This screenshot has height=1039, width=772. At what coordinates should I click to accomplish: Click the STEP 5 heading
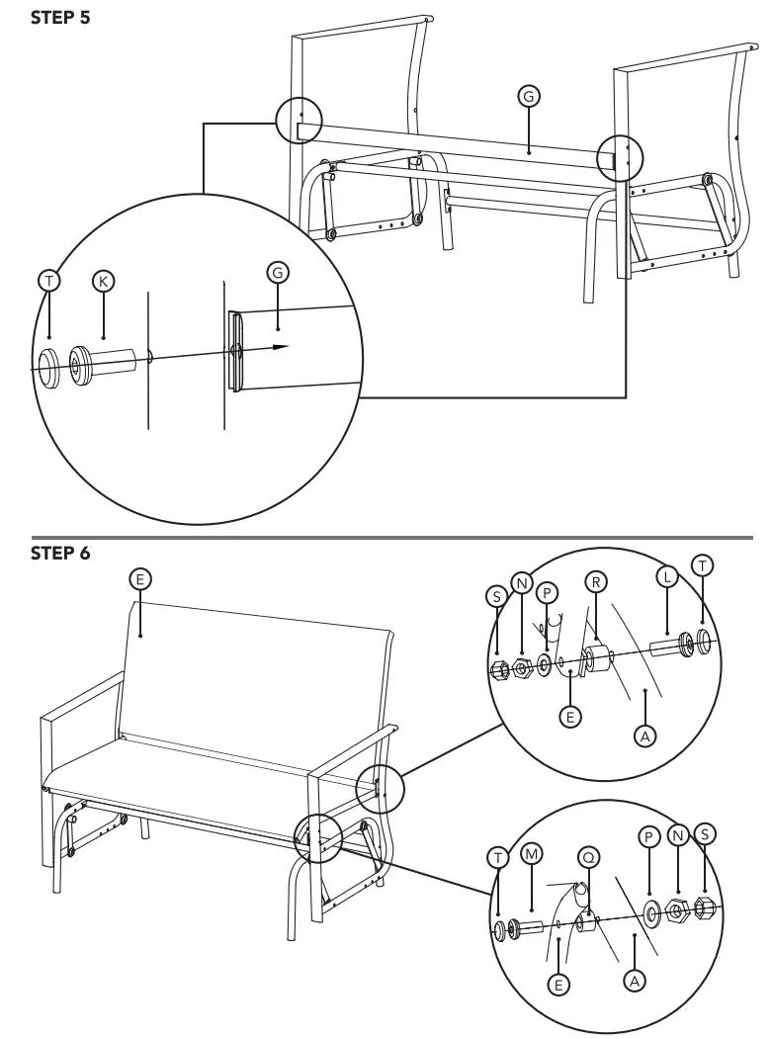pyautogui.click(x=60, y=17)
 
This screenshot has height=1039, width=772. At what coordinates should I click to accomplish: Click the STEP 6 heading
pyautogui.click(x=60, y=553)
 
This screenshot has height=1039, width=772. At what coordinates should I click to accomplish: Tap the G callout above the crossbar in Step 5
pyautogui.click(x=529, y=96)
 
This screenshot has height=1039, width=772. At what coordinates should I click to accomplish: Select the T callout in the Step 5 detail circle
pyautogui.click(x=48, y=281)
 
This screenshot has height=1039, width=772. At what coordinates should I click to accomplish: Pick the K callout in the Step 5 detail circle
pyautogui.click(x=103, y=281)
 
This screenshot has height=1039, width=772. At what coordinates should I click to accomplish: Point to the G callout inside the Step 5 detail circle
pyautogui.click(x=279, y=272)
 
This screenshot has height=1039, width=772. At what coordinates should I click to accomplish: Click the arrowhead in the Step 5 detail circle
pyautogui.click(x=281, y=346)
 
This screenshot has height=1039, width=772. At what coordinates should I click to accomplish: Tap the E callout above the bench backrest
pyautogui.click(x=141, y=579)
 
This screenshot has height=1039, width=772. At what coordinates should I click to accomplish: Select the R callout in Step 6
pyautogui.click(x=596, y=581)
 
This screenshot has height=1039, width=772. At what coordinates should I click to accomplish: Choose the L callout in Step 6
pyautogui.click(x=668, y=575)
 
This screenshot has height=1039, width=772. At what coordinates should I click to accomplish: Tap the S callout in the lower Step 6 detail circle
pyautogui.click(x=704, y=833)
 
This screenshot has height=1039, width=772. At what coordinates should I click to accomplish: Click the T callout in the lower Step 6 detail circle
pyautogui.click(x=500, y=857)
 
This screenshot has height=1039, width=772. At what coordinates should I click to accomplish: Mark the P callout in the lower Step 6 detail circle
pyautogui.click(x=649, y=836)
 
